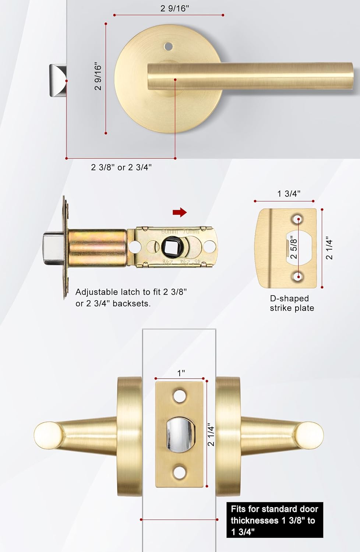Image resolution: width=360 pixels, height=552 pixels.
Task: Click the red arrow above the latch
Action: pos(180,212)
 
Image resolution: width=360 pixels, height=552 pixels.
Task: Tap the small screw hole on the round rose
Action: pos(168,46)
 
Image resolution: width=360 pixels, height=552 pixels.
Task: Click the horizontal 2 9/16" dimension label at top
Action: pos(174,8)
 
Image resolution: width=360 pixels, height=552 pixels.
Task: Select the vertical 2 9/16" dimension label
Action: pos(98,76)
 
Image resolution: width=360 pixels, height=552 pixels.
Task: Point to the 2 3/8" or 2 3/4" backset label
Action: pos(121,167)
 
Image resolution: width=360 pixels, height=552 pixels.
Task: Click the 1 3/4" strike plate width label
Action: pos(289,194)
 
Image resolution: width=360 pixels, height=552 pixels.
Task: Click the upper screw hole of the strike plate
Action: pos(298,220)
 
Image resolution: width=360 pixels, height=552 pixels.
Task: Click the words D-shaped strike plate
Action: pos(292,303)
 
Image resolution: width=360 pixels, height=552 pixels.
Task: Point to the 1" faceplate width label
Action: pos(181,373)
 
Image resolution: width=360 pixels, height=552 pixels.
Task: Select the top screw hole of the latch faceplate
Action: pos(180,396)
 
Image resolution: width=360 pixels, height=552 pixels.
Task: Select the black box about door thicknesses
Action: pos(274,520)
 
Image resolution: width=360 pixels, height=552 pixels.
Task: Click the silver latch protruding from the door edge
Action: pos(58,81)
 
